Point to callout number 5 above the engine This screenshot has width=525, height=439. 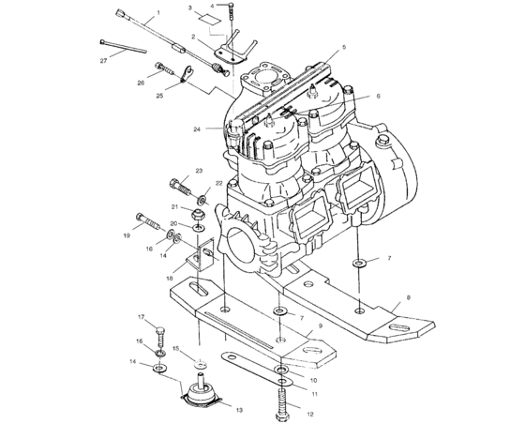coord(344,47)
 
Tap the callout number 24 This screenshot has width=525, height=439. coord(198,129)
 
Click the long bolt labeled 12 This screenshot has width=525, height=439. coord(281,399)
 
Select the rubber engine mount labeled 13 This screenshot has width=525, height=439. coord(201,393)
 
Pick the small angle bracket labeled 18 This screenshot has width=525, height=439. coord(198,257)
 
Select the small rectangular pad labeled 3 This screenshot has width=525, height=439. coord(214,18)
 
